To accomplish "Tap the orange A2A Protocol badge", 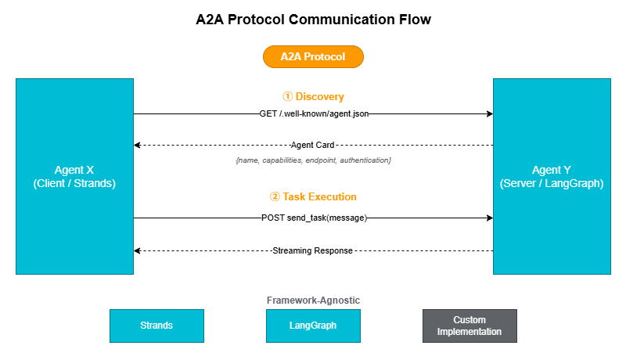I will [x=313, y=57].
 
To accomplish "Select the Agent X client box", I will [x=74, y=176].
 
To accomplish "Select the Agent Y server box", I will [x=552, y=176].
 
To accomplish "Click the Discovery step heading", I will [x=313, y=97].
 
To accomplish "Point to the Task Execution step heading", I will [x=313, y=197].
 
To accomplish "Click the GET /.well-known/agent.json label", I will [x=313, y=114].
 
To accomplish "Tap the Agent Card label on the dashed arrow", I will [x=313, y=146].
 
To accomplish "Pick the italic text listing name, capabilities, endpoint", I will [x=313, y=160].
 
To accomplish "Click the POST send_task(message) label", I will [x=313, y=218].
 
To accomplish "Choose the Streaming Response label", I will [x=313, y=251].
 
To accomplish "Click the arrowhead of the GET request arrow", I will [x=489, y=114].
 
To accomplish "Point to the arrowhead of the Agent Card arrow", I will [x=138, y=146].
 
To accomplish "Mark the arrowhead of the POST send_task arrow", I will [x=489, y=218].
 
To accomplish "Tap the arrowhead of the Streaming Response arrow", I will [x=138, y=251].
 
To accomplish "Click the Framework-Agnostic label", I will [x=313, y=301].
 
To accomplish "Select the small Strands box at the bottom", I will [x=156, y=326].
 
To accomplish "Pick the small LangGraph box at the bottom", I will [x=313, y=326].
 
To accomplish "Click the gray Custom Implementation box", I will [x=469, y=326].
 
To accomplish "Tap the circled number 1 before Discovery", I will [x=287, y=97].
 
